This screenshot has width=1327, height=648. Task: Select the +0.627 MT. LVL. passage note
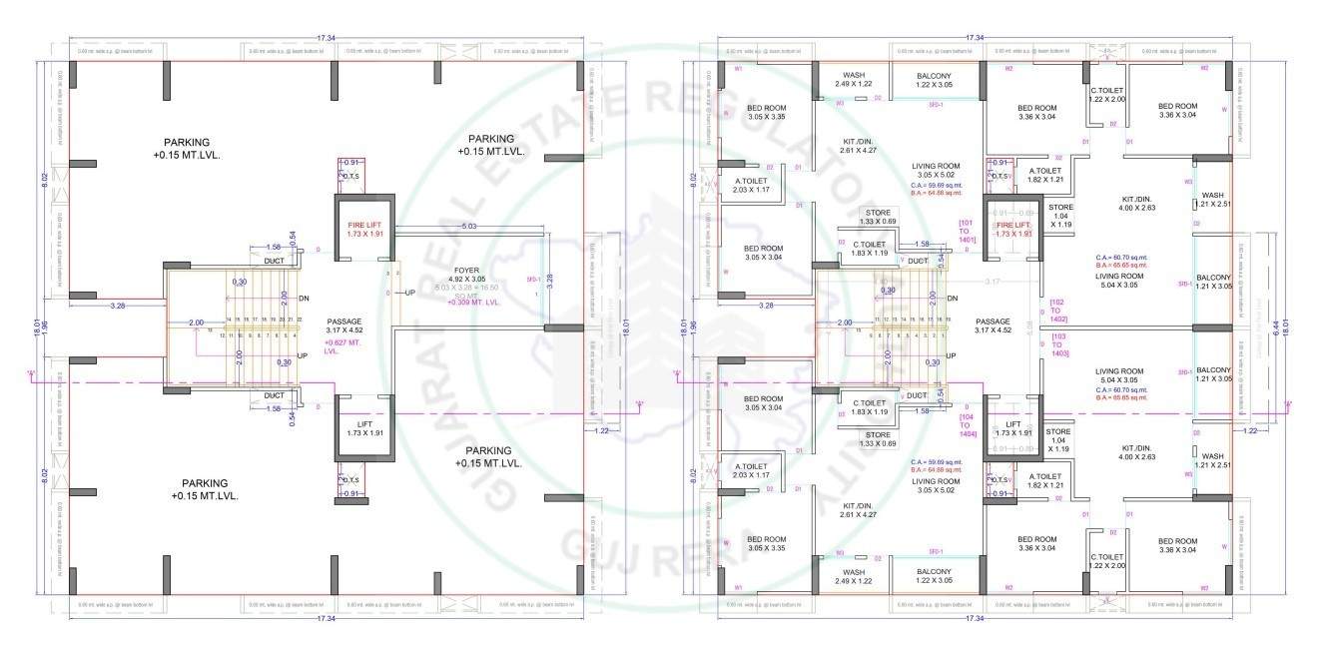(x=341, y=346)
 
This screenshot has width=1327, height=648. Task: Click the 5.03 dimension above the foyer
(x=468, y=228)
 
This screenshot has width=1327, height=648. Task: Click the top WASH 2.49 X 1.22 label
(x=853, y=79)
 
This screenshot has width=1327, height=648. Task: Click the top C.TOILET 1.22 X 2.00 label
(x=1107, y=95)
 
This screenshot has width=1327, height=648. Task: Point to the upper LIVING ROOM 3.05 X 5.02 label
(x=936, y=171)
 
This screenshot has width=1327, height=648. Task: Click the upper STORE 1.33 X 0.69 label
(x=878, y=216)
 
